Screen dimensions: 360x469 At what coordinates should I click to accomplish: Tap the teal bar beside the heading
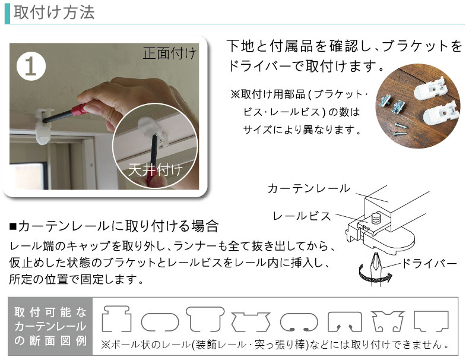[7, 13]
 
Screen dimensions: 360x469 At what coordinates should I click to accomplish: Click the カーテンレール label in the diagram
[309, 188]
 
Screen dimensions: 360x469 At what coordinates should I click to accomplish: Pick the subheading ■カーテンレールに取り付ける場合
[113, 226]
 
